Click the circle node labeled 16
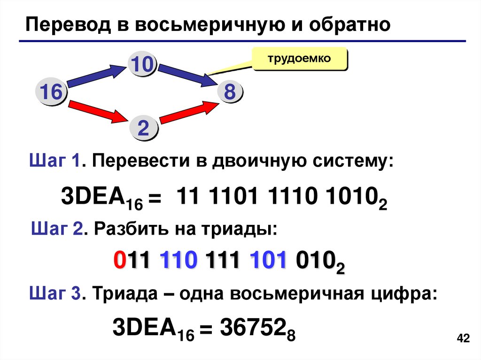[x=51, y=92]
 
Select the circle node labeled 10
[x=142, y=64]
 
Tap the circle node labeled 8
[x=229, y=92]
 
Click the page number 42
[x=463, y=339]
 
